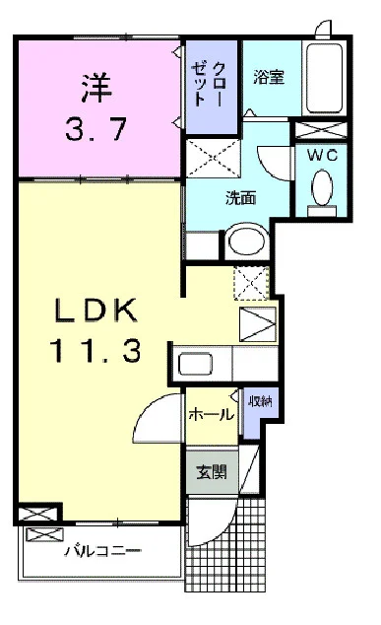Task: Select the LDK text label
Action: pyautogui.click(x=97, y=313)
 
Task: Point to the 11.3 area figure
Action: pyautogui.click(x=97, y=351)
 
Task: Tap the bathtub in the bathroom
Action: pyautogui.click(x=324, y=79)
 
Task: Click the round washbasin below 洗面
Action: pyautogui.click(x=245, y=241)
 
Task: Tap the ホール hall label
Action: pyautogui.click(x=211, y=415)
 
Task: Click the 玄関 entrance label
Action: pyautogui.click(x=210, y=471)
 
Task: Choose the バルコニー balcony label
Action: pyautogui.click(x=103, y=552)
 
